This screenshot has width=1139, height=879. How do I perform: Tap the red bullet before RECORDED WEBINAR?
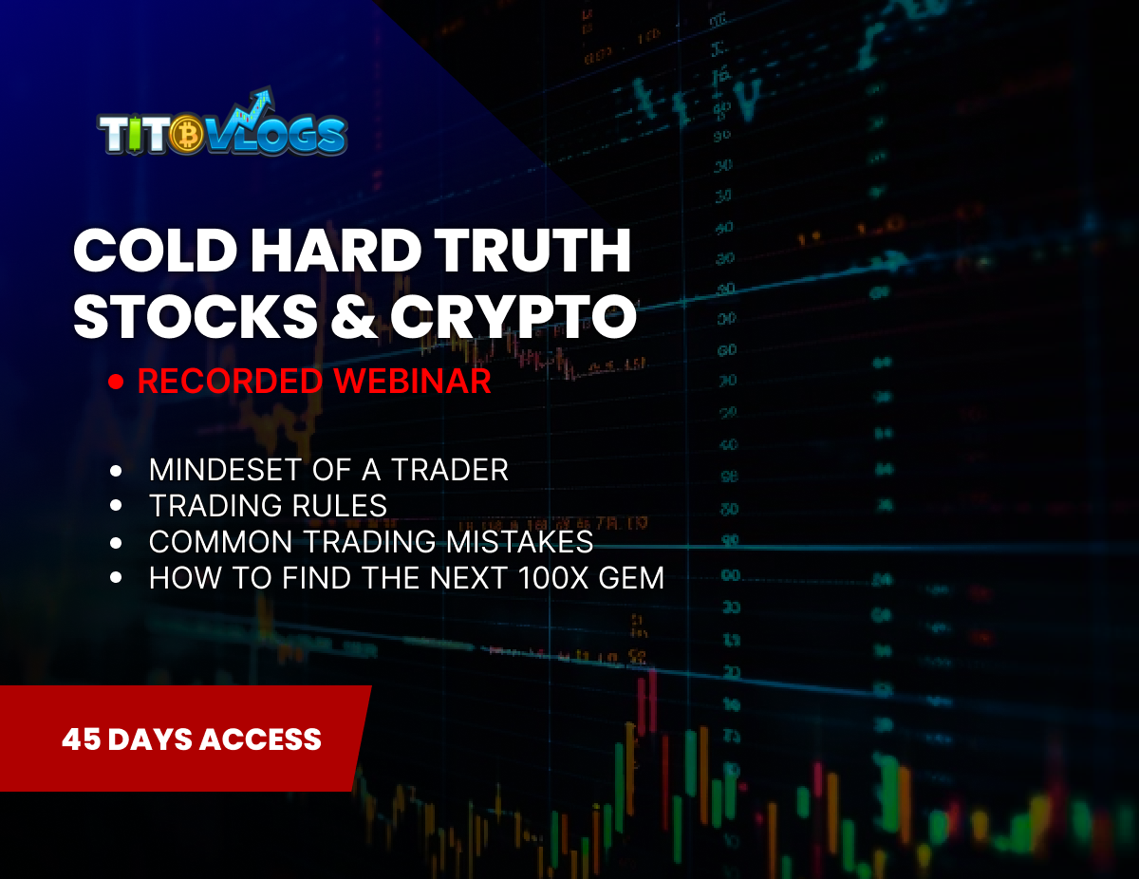[117, 383]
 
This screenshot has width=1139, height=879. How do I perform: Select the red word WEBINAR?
[411, 382]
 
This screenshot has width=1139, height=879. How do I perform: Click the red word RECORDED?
[230, 382]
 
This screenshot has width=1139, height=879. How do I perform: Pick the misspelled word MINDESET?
[223, 469]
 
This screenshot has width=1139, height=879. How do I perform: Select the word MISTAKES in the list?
[521, 542]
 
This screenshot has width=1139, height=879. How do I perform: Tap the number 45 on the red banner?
[80, 739]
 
